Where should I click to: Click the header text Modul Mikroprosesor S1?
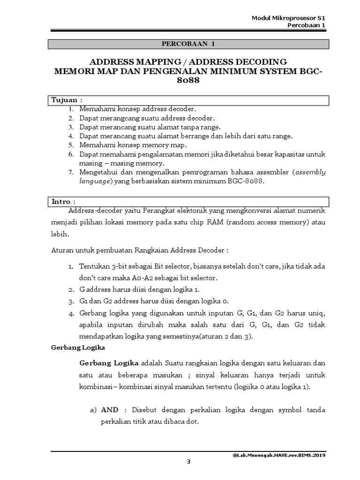coord(288,18)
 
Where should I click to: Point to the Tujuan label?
coord(66,100)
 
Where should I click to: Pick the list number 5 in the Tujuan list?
coord(71,145)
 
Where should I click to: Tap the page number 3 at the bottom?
coord(188,461)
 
